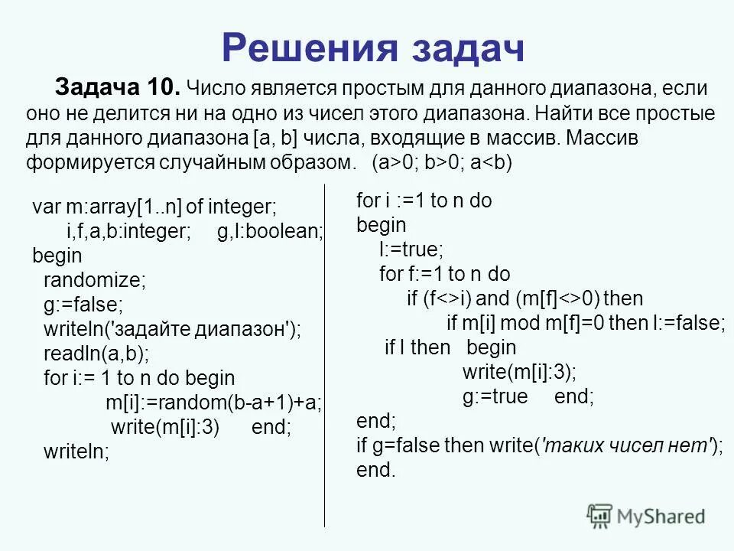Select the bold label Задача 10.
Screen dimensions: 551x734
point(118,88)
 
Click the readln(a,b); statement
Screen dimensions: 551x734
point(96,353)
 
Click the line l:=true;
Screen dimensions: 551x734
point(411,249)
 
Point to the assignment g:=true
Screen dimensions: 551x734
point(495,396)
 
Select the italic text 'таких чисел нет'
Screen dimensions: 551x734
point(628,445)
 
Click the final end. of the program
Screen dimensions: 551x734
point(376,470)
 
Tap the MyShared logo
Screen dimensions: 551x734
point(646,515)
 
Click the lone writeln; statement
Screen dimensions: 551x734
point(76,452)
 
